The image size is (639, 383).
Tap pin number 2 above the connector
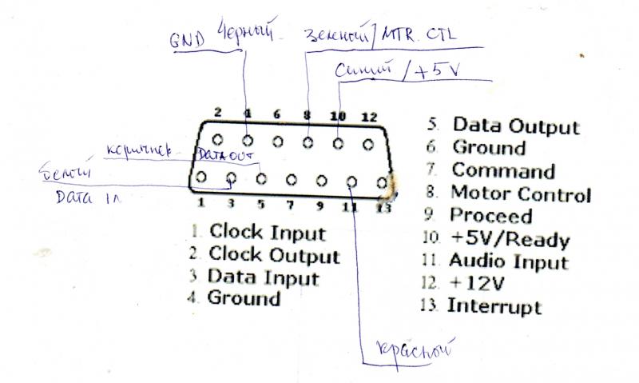[217, 114]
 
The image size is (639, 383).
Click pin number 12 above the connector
[367, 117]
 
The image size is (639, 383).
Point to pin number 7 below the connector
[290, 205]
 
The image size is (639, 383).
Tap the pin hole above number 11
[351, 180]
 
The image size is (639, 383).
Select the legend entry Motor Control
[520, 193]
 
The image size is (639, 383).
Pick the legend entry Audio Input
[508, 261]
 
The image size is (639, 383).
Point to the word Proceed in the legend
[490, 216]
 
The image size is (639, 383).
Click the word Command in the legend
[503, 170]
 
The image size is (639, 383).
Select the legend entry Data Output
[515, 126]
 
